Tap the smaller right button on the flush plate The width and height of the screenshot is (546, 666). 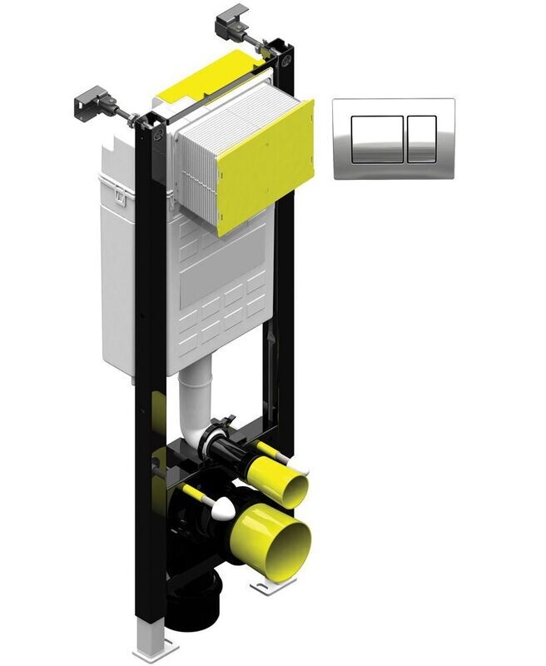(x=421, y=137)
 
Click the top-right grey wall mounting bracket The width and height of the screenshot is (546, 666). (x=234, y=20)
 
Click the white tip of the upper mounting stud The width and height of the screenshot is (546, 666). (x=275, y=457)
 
